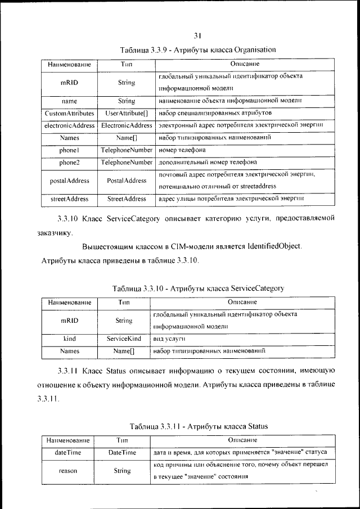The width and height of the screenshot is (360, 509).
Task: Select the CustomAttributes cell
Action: coord(69,114)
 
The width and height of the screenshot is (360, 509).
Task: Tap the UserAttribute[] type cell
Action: coord(126,114)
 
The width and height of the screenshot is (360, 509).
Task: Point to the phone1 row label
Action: coord(69,150)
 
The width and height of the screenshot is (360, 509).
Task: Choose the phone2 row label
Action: coord(69,163)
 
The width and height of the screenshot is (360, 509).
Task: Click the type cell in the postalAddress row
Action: coord(126,181)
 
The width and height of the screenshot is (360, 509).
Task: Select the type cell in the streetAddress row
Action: coord(126,199)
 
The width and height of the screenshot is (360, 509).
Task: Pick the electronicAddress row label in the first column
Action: coord(69,125)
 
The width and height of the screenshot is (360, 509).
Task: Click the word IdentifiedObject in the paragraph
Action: coord(269,246)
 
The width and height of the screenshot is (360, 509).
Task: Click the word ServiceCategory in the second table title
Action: coord(255,289)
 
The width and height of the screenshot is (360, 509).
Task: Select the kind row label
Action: coord(70,339)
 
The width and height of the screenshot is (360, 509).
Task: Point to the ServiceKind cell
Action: coord(124,339)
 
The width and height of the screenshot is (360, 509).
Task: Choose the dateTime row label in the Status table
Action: coord(68,452)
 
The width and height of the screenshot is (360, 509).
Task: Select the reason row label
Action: coord(68,471)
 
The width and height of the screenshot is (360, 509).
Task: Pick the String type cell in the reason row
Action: coord(122,471)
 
